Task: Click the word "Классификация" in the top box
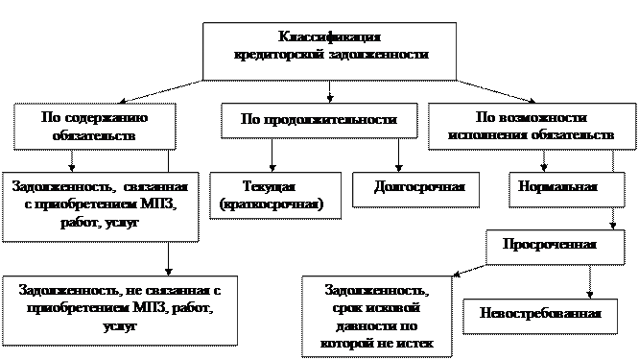pos(329,36)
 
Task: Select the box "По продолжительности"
pos(319,120)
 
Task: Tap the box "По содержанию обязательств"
pos(95,127)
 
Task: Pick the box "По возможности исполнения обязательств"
pos(532,126)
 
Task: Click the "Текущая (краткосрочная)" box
pos(275,196)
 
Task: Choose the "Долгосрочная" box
pos(415,189)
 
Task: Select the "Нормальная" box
pos(567,189)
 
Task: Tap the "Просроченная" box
pos(556,247)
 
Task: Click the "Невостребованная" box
pos(540,317)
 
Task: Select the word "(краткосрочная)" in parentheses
pos(272,204)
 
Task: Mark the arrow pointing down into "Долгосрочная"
pos(398,155)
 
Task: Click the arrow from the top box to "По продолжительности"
pos(330,91)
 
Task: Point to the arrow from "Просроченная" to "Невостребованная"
pos(589,281)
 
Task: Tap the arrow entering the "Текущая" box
pos(272,155)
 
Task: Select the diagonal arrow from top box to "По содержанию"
pos(161,91)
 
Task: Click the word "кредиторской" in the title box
pos(279,54)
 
